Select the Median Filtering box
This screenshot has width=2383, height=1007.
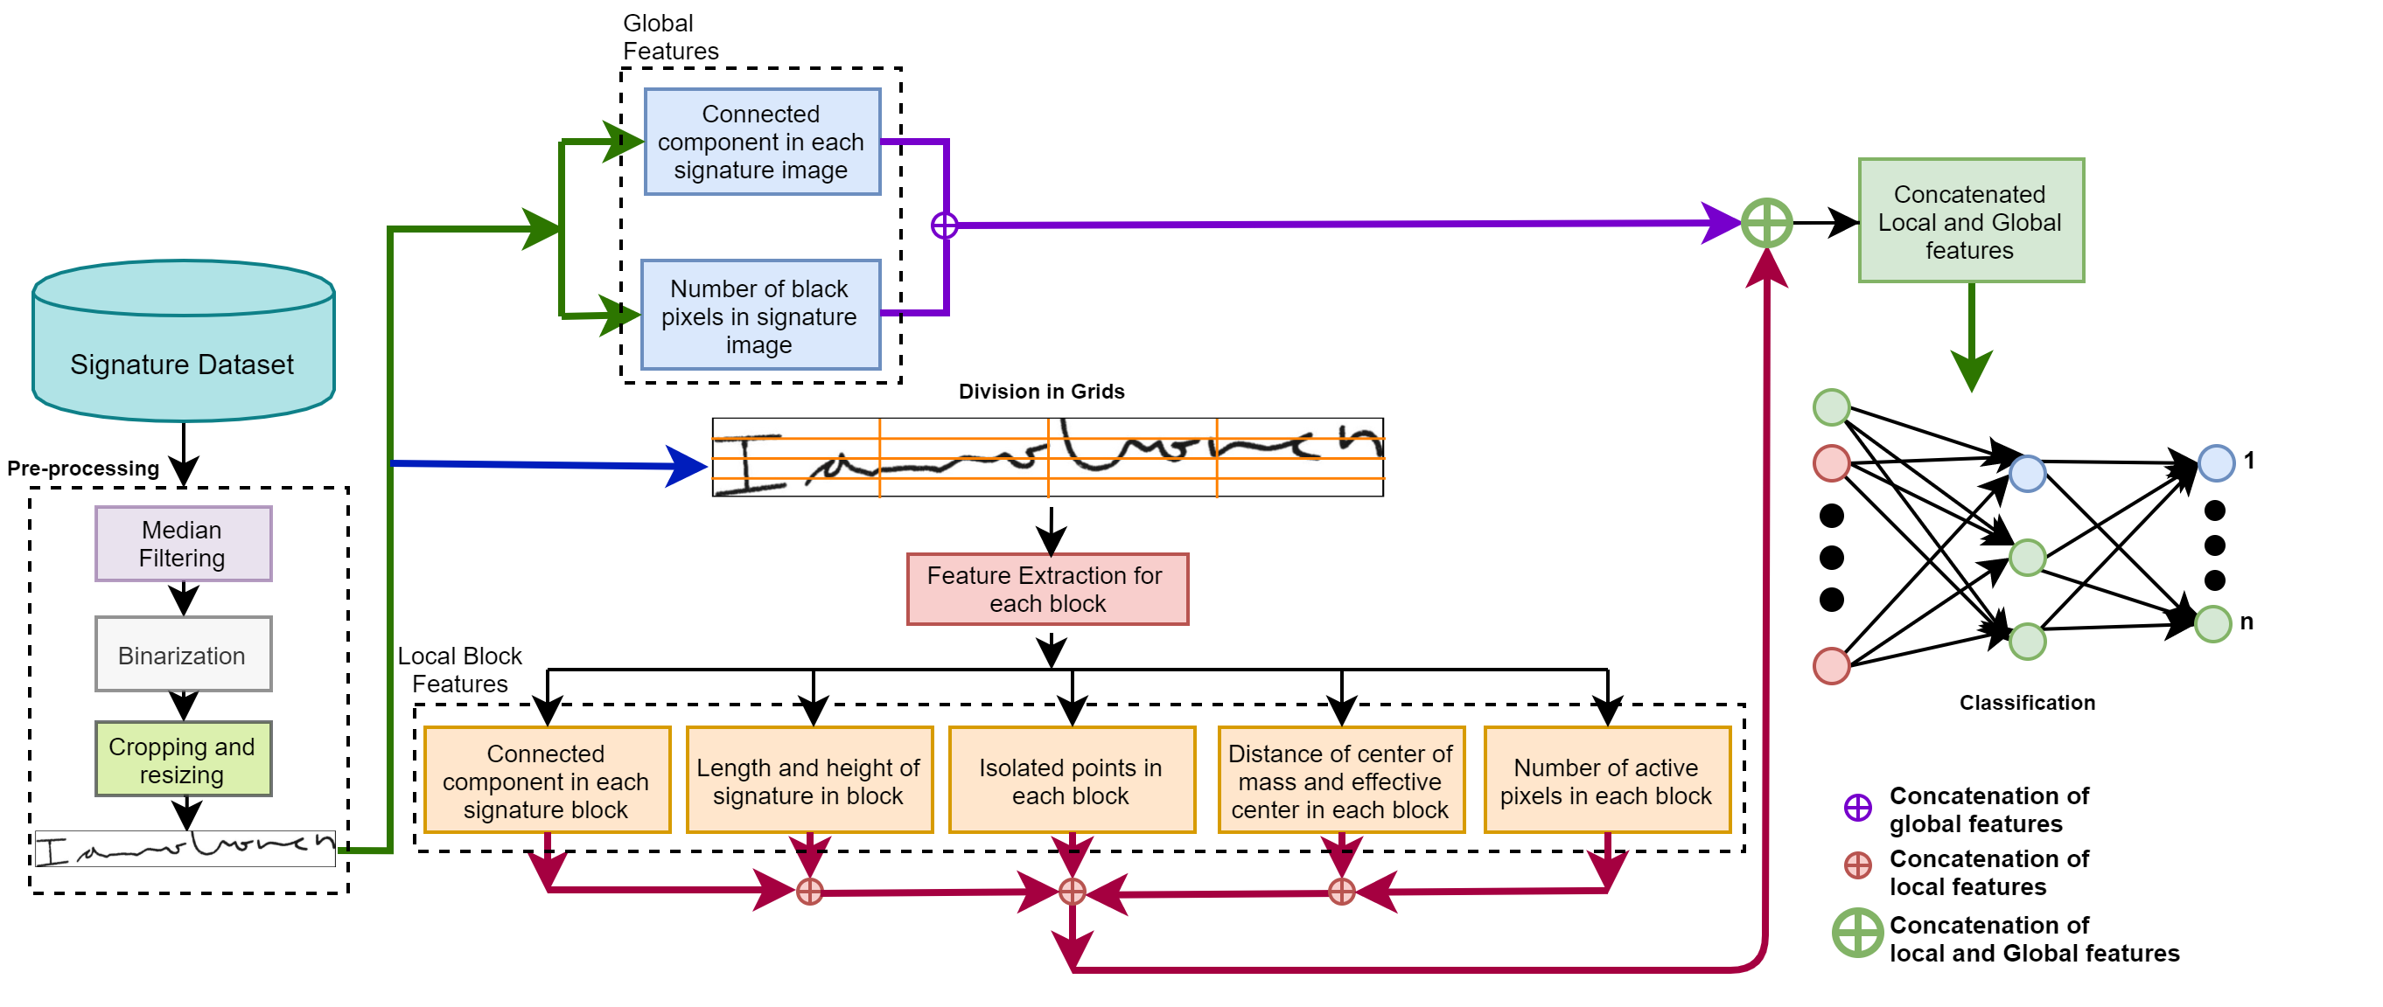(x=183, y=544)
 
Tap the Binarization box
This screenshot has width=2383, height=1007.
(x=183, y=654)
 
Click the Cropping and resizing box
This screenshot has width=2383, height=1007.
(x=183, y=759)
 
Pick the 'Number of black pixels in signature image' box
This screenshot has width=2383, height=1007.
(x=760, y=316)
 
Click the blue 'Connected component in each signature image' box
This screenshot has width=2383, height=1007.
(x=761, y=142)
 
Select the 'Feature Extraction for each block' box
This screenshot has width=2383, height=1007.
(x=1047, y=589)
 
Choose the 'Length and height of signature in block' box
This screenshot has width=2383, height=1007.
(x=808, y=781)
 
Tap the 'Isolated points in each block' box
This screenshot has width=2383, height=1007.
(x=1072, y=781)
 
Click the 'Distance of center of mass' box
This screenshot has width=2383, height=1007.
(x=1340, y=781)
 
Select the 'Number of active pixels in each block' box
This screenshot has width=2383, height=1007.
(x=1607, y=781)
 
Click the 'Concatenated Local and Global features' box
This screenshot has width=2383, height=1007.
(x=1970, y=221)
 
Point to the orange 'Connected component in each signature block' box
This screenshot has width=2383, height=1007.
(x=547, y=781)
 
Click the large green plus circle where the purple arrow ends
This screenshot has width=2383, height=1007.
(x=1767, y=224)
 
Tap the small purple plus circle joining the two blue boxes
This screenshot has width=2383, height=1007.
(x=945, y=225)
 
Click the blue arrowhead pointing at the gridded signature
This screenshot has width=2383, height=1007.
(x=688, y=465)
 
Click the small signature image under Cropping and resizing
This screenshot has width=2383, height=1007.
(x=185, y=848)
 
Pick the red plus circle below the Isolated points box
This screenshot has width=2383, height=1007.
(x=1073, y=892)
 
